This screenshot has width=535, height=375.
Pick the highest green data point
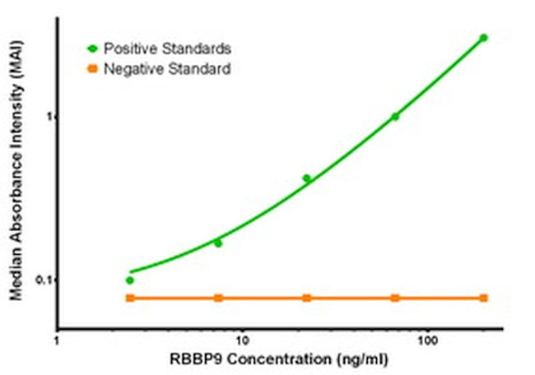(483, 38)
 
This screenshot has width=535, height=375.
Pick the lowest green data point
(130, 280)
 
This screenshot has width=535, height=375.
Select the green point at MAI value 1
(395, 117)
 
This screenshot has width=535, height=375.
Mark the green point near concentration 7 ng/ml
(218, 243)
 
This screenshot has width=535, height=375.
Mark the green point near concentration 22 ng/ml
(307, 178)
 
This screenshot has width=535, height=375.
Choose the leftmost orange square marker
(130, 298)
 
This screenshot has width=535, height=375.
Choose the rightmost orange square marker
(483, 298)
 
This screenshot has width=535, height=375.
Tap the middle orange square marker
(307, 298)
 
